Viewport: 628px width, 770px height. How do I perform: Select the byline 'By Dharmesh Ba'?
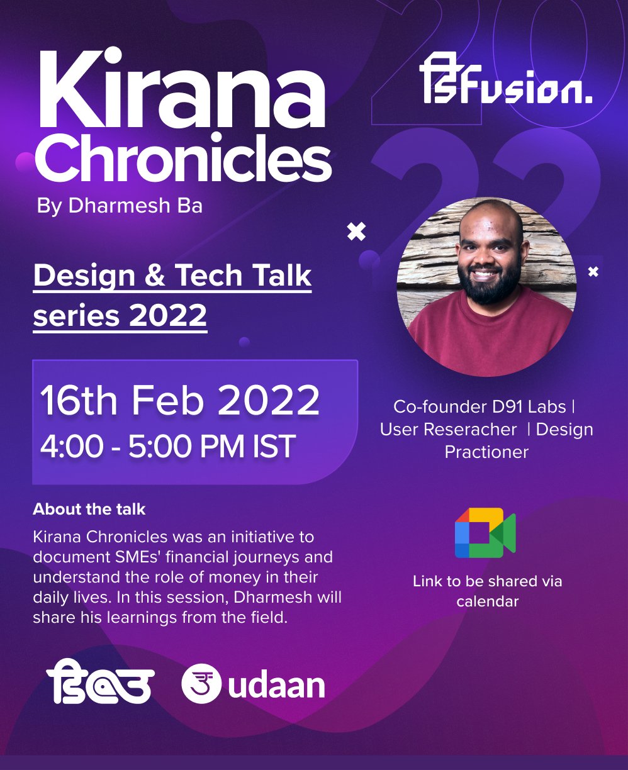[120, 206]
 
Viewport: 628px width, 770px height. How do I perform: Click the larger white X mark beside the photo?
[356, 232]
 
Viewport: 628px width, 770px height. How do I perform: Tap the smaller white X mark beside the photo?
[593, 272]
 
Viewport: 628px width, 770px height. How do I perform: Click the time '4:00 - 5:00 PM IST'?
[167, 447]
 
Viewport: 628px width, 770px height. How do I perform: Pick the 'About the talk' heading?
[89, 509]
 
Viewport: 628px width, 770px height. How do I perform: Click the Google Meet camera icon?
[485, 533]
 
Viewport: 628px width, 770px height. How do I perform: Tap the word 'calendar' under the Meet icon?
[487, 601]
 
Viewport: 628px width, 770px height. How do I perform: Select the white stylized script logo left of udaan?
[100, 682]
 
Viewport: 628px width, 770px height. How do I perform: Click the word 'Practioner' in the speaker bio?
[486, 452]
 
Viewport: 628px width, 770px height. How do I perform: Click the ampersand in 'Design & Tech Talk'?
[155, 276]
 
